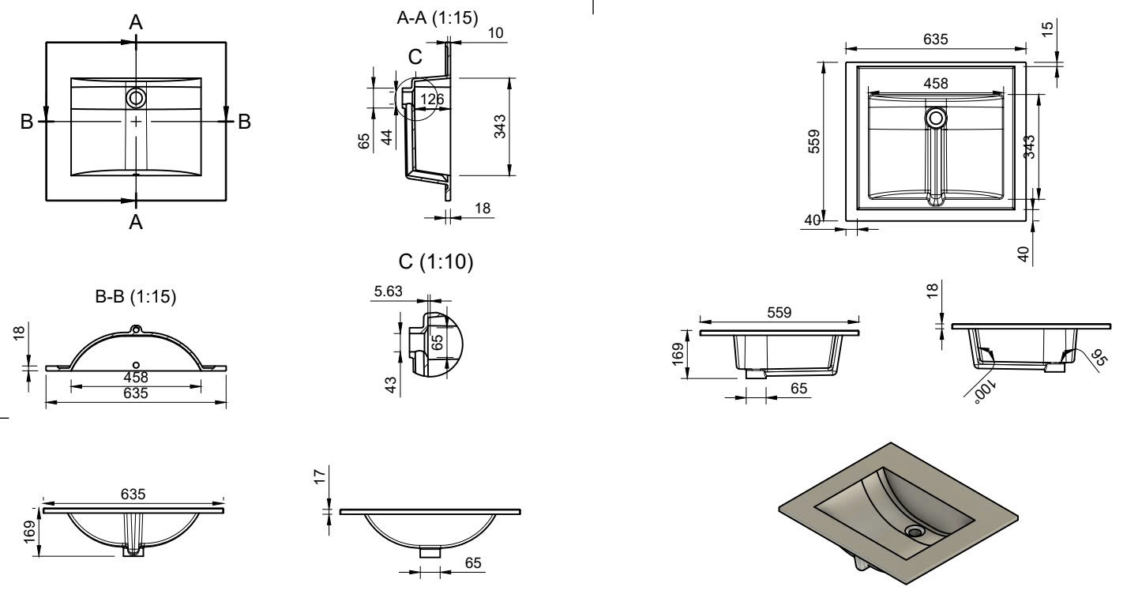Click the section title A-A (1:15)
[437, 19]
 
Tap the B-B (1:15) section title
[135, 298]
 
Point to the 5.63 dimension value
[389, 291]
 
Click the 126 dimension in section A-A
[432, 99]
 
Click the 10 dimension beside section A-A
[496, 32]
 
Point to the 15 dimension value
[1047, 29]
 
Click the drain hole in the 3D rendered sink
[916, 531]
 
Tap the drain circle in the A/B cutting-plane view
[136, 98]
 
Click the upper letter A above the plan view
[136, 23]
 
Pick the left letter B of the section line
[27, 122]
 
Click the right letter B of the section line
[244, 122]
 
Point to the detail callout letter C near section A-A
[415, 57]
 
